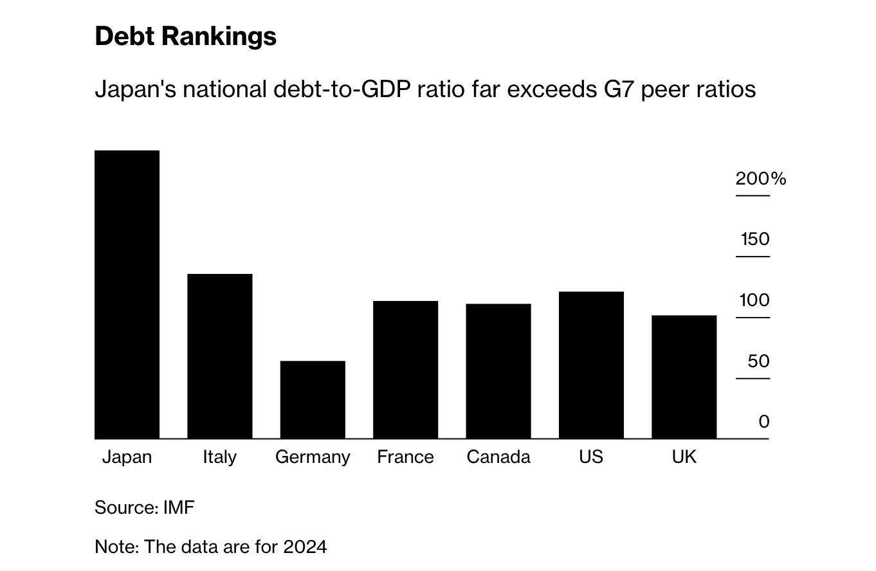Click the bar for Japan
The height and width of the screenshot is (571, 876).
(x=127, y=295)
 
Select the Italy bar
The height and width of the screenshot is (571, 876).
(x=219, y=356)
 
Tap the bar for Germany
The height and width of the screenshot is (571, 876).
(x=313, y=400)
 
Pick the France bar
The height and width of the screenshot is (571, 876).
(x=405, y=370)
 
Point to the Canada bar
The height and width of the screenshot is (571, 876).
(x=498, y=371)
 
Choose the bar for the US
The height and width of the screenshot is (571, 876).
(x=591, y=365)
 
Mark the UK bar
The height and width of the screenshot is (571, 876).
(x=684, y=377)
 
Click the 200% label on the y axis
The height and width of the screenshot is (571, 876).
(x=761, y=179)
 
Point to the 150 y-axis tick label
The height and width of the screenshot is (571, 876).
(x=755, y=239)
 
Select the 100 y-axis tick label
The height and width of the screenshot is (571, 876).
(x=754, y=300)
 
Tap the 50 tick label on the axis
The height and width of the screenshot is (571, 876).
(x=758, y=361)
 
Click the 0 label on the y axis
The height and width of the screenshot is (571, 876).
(x=764, y=422)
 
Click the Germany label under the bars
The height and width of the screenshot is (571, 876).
(x=313, y=457)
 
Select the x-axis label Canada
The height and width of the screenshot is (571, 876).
(x=498, y=457)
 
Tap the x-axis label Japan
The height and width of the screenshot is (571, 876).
(x=127, y=457)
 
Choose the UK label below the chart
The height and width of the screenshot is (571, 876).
(x=684, y=457)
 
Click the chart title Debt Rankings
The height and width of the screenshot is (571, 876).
(x=185, y=37)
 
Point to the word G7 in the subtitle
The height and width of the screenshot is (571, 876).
(x=617, y=89)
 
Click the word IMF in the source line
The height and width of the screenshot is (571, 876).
(x=179, y=508)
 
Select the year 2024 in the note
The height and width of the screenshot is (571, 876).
(x=306, y=547)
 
